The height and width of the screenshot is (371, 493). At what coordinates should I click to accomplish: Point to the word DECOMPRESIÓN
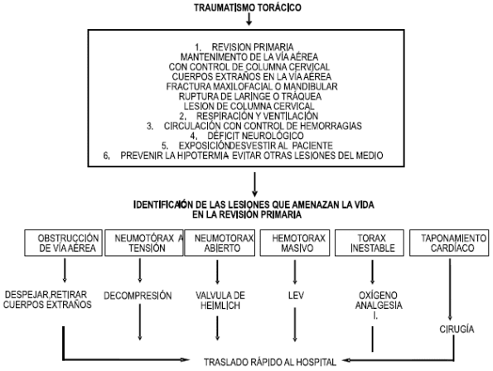click(x=138, y=295)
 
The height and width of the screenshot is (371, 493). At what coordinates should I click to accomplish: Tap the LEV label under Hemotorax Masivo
click(x=290, y=295)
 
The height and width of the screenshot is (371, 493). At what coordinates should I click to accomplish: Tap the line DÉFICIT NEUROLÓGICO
click(x=252, y=136)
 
